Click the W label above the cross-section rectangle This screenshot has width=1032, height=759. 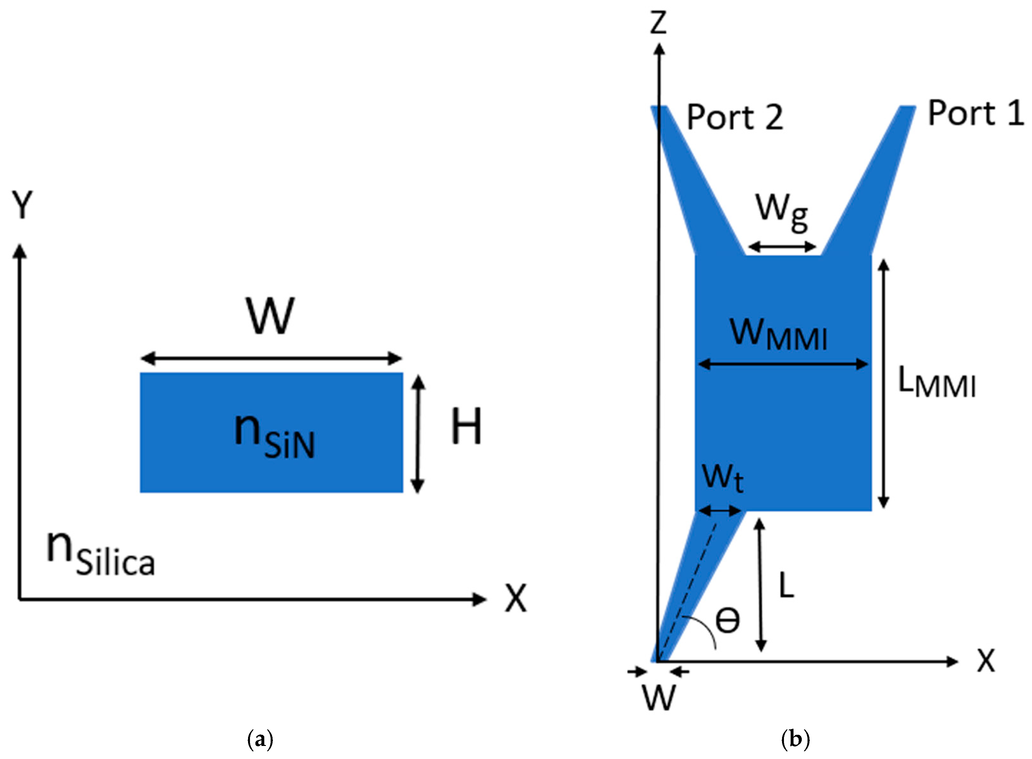tap(270, 317)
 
